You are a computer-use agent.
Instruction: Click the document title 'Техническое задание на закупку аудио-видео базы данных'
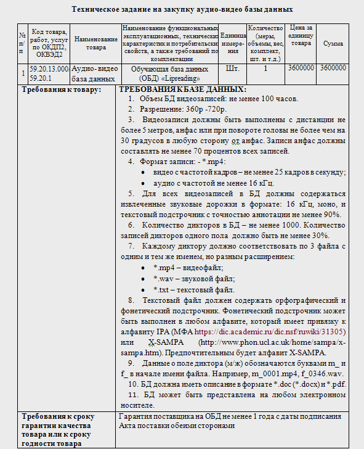click(x=182, y=9)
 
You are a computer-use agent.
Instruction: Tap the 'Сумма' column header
click(x=333, y=43)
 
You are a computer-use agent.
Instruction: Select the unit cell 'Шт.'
click(x=233, y=68)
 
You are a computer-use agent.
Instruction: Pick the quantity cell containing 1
click(x=265, y=68)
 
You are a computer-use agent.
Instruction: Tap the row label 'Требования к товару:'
click(x=61, y=90)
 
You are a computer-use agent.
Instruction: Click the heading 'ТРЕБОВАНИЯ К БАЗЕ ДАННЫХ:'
click(x=182, y=90)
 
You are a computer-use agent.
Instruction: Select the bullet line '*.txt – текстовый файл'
click(x=193, y=289)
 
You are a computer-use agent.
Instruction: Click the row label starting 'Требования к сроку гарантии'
click(x=61, y=426)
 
